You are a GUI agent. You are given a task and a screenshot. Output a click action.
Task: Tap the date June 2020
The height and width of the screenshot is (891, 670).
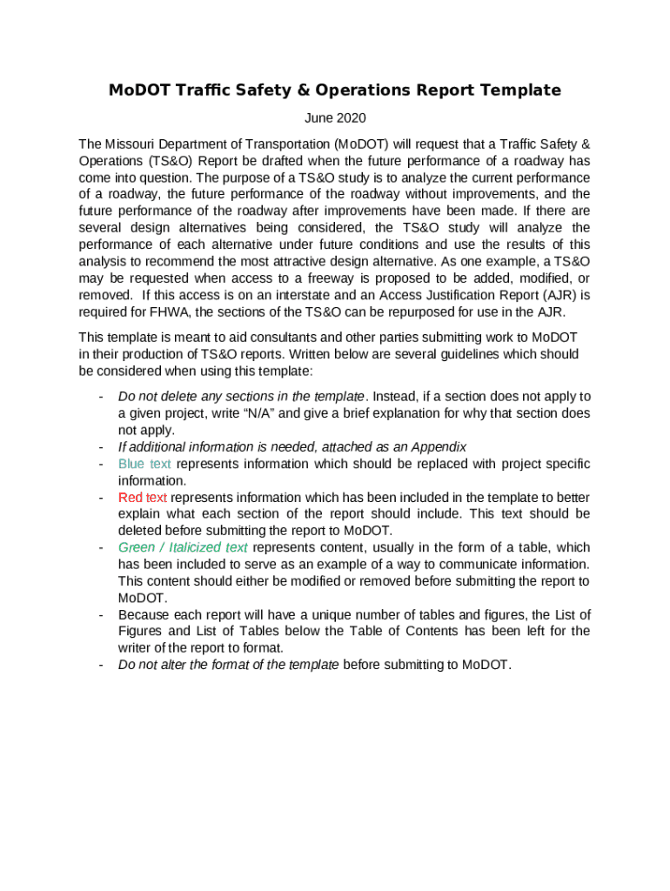point(335,118)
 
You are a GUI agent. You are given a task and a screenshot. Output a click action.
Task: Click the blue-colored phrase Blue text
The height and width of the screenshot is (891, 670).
point(144,464)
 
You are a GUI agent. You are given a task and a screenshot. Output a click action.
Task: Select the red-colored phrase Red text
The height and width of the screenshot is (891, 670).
point(142,498)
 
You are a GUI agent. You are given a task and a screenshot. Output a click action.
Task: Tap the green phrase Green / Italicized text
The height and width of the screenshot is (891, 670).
point(183,547)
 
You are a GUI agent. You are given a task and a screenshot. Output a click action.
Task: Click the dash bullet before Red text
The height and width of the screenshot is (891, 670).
point(102,498)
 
